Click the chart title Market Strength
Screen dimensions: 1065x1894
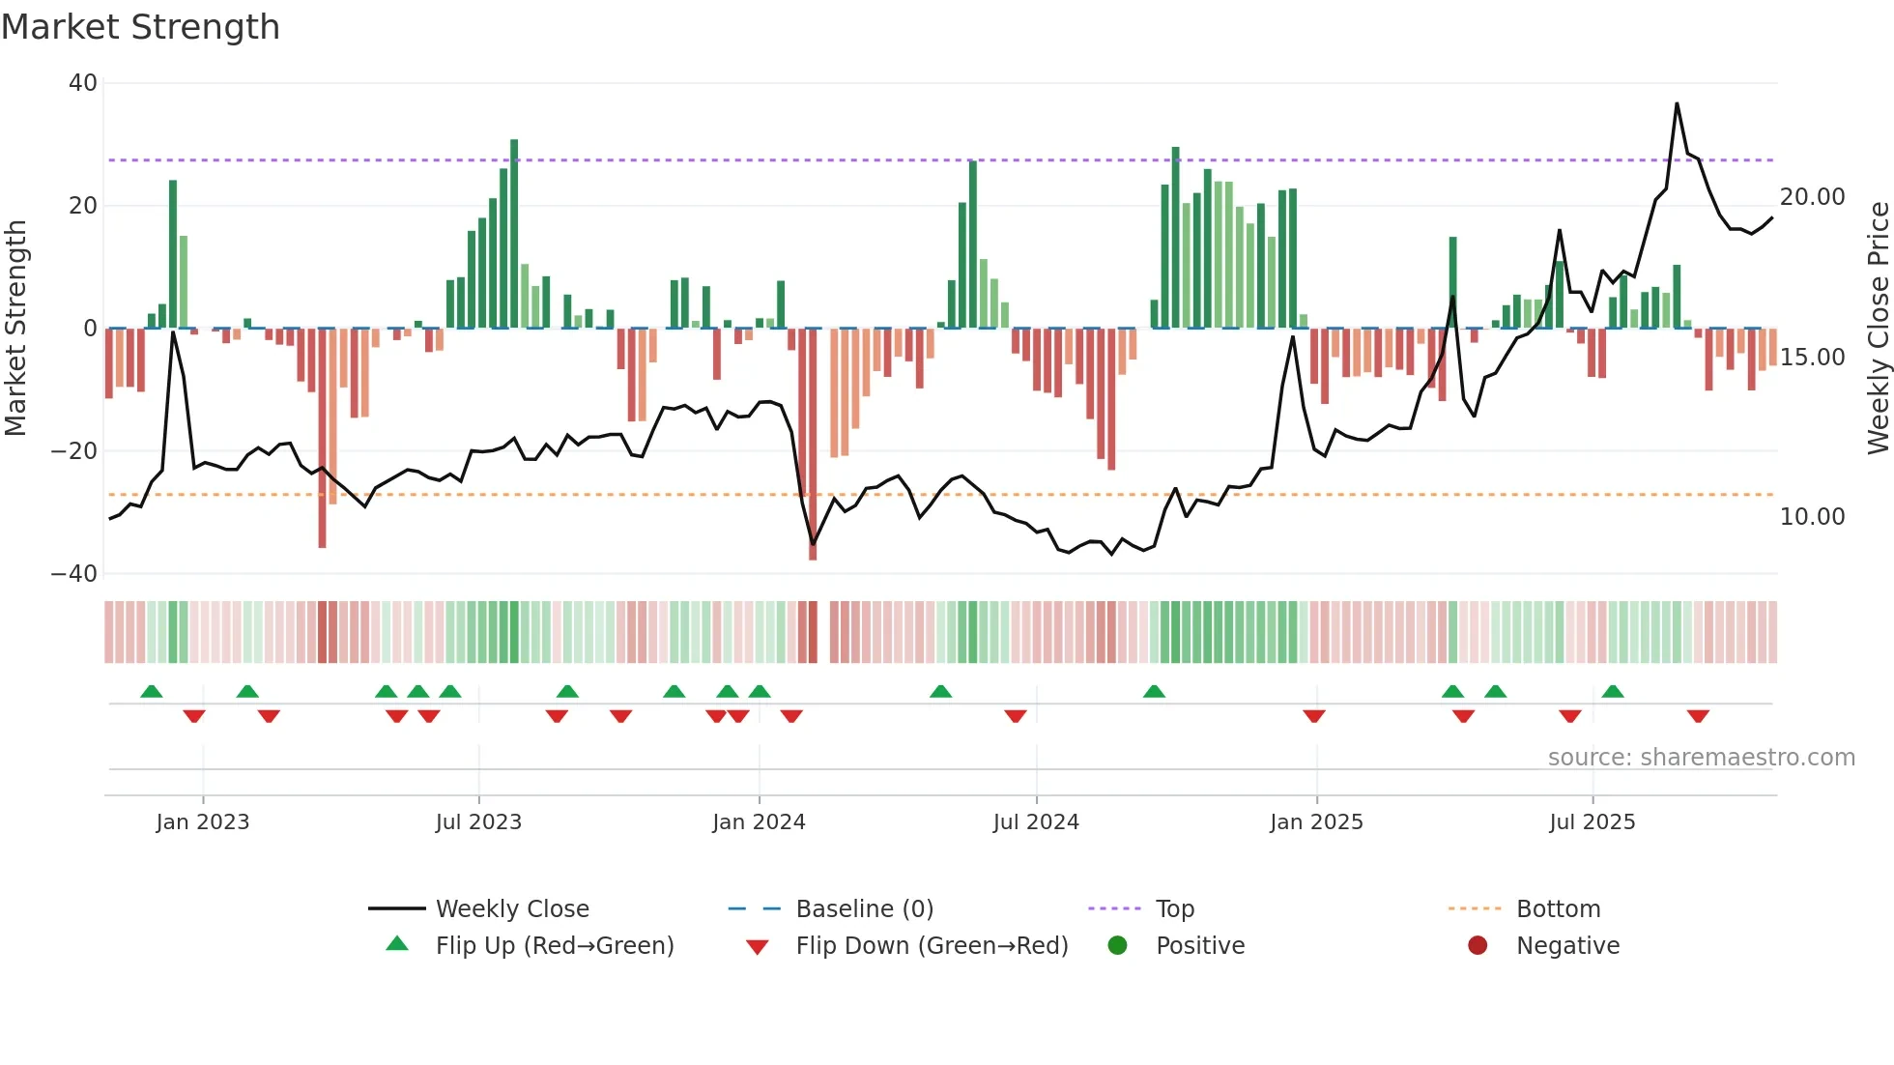pos(140,27)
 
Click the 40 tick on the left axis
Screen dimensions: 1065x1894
pos(83,83)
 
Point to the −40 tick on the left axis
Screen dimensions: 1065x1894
pos(75,574)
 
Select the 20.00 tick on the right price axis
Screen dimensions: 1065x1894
pos(1812,197)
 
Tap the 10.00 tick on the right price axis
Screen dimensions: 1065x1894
pos(1812,517)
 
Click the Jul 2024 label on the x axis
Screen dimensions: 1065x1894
pos(1036,822)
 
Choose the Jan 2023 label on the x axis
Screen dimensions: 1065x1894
pos(203,822)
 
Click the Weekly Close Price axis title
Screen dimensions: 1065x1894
pos(1878,329)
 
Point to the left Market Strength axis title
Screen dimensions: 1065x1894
pos(15,329)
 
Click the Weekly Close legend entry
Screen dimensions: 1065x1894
pos(512,909)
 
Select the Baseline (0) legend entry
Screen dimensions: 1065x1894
pos(864,909)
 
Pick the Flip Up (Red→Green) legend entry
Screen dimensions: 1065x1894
pos(554,946)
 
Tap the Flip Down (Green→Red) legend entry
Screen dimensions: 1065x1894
pos(932,946)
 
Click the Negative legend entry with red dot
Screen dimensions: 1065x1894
pos(1567,946)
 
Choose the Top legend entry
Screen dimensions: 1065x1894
pos(1175,909)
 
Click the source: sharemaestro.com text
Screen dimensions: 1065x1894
pos(1701,758)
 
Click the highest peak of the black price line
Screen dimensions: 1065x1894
pos(1677,103)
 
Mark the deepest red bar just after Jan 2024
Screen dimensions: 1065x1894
pos(813,445)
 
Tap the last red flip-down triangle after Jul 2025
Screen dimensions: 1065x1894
pos(1698,716)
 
